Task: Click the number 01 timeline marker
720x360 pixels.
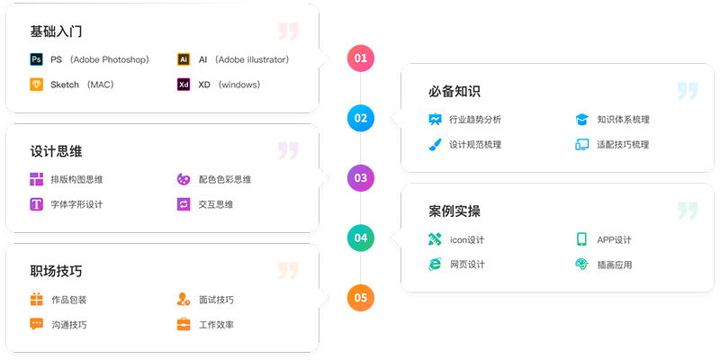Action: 361,58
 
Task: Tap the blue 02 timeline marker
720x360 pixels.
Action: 361,118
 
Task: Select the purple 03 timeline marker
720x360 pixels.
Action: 361,177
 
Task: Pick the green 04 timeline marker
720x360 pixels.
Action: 361,238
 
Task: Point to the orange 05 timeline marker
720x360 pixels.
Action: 361,297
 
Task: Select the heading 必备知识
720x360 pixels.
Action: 454,91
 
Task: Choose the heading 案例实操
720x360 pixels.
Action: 454,211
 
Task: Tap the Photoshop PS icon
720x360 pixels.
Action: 36,59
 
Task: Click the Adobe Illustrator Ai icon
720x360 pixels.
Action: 184,59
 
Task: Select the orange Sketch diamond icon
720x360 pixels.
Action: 36,85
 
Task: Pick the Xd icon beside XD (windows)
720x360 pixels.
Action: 184,85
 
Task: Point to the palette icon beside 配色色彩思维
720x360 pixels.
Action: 184,179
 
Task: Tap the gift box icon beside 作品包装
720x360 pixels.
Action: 36,300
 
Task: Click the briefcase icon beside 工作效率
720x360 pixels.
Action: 184,324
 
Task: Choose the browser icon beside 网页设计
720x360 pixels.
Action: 435,265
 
